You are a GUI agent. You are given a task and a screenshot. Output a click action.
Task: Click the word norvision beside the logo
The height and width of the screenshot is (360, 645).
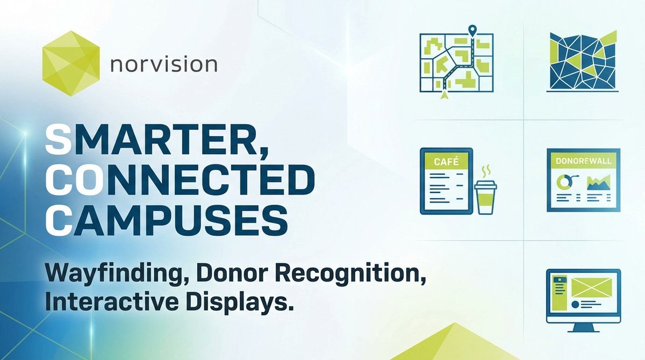pyautogui.click(x=163, y=65)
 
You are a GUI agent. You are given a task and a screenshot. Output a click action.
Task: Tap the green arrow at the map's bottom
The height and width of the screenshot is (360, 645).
pyautogui.click(x=444, y=95)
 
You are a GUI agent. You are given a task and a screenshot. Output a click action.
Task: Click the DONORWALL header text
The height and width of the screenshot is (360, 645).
pyautogui.click(x=583, y=160)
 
